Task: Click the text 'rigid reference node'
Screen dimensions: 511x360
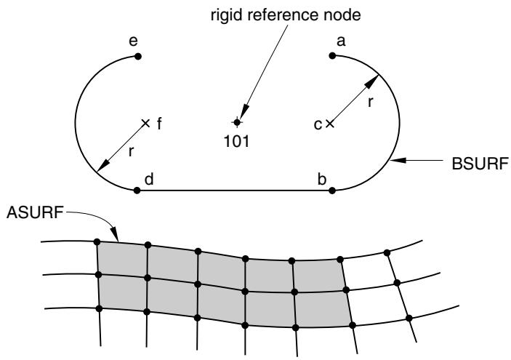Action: coord(286,15)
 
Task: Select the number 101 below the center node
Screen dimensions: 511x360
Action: coord(236,141)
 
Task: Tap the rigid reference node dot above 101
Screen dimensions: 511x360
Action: coord(237,122)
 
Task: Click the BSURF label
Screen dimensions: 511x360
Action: coord(480,164)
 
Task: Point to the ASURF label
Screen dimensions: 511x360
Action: coord(35,212)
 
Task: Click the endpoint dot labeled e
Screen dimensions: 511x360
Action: coord(138,57)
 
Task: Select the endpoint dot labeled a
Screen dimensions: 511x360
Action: coord(332,56)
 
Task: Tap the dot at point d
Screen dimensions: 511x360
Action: coord(137,191)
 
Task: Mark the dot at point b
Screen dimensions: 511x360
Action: coord(332,191)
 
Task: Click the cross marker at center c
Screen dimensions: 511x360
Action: coord(330,124)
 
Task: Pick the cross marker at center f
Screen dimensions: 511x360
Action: coord(145,123)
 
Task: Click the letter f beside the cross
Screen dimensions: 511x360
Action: coord(159,124)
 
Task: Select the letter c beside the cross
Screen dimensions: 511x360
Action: coord(318,124)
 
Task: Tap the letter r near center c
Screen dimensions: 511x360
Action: coord(370,102)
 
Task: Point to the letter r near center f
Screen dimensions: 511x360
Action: coord(132,151)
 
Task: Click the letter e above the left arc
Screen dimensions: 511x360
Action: coord(133,41)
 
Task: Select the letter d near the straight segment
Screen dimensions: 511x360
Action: coord(149,179)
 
